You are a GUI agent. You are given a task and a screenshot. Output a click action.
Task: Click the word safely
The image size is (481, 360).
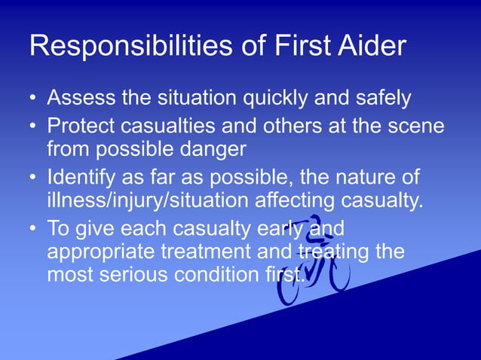point(375,98)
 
